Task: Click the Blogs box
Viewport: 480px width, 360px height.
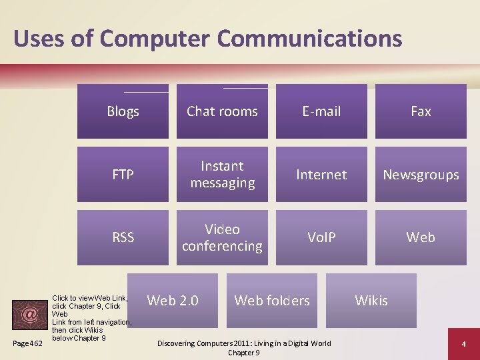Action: coord(123,111)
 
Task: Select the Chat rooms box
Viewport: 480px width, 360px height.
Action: coord(222,111)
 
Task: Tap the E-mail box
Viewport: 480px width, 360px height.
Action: coord(321,111)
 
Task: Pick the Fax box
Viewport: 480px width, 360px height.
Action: coord(421,111)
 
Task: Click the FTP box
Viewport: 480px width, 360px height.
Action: coord(123,175)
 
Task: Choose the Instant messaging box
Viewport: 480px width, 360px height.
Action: coord(222,175)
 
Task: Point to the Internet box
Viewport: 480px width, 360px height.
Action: coord(321,175)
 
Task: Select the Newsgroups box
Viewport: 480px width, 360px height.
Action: coord(421,175)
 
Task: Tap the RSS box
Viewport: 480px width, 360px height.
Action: coord(123,237)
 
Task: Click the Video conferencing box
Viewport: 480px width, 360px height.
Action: coord(222,237)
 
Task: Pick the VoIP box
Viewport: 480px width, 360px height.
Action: coord(321,237)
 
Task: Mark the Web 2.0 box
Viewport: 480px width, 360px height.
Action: coord(173,300)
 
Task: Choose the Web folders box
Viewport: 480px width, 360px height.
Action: coord(272,300)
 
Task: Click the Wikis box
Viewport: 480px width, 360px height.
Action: coord(371,300)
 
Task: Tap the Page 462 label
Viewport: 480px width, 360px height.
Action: coord(28,343)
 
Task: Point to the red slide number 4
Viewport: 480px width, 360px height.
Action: coord(463,343)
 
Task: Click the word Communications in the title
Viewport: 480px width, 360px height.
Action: coord(309,39)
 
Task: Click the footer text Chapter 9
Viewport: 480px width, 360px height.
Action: coord(243,353)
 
